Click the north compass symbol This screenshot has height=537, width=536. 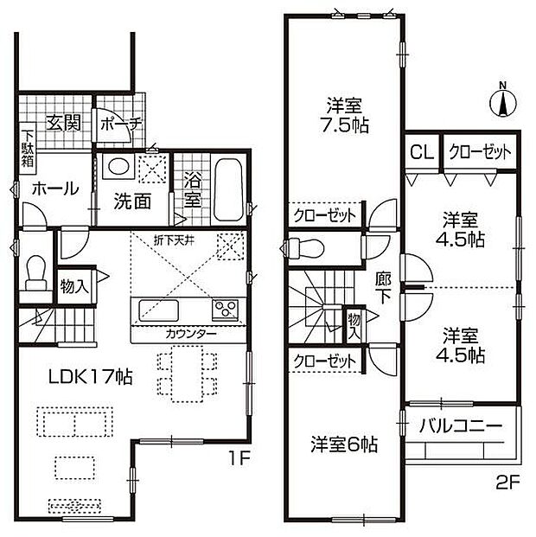tap(503, 102)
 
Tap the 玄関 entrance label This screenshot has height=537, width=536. tap(64, 123)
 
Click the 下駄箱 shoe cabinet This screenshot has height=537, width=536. tap(28, 149)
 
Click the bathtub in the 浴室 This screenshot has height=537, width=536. tap(228, 189)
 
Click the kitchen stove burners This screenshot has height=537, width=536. tap(225, 310)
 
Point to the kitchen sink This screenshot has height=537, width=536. tap(158, 310)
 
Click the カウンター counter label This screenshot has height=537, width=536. tap(191, 334)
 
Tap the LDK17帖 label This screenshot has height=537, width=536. tap(91, 377)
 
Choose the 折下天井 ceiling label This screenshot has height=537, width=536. tap(174, 240)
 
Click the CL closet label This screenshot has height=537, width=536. tap(422, 152)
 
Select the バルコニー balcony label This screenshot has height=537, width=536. tap(461, 426)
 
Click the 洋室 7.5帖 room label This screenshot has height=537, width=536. tap(344, 115)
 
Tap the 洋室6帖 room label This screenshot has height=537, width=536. tap(344, 444)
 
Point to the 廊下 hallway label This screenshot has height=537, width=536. tap(383, 289)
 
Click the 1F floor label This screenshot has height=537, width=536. tap(240, 458)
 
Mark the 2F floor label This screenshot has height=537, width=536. tap(508, 483)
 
